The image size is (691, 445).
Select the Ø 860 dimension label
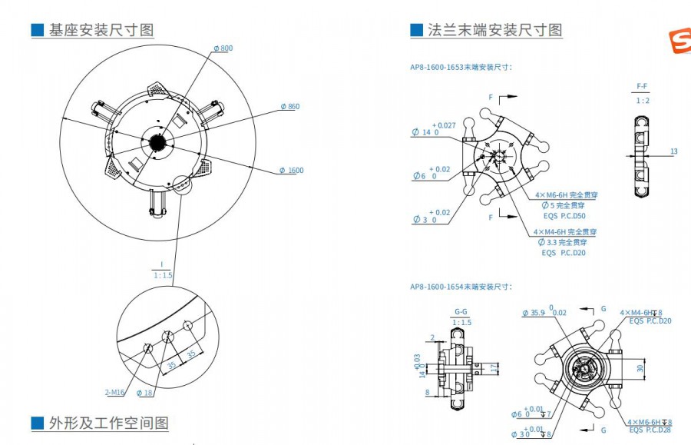pyautogui.click(x=289, y=106)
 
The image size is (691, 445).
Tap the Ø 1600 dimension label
pyautogui.click(x=291, y=170)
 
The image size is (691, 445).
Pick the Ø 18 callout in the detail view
pyautogui.click(x=144, y=393)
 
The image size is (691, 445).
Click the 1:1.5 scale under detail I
pyautogui.click(x=162, y=274)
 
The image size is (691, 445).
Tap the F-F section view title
pyautogui.click(x=642, y=86)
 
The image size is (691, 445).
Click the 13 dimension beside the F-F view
pyautogui.click(x=673, y=151)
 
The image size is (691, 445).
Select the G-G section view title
pyautogui.click(x=461, y=311)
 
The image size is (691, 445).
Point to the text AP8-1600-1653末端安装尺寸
pyautogui.click(x=461, y=67)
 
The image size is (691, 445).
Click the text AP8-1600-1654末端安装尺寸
pyautogui.click(x=461, y=286)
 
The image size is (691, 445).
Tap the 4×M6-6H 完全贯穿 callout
pyautogui.click(x=566, y=195)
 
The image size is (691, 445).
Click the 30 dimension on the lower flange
pyautogui.click(x=640, y=368)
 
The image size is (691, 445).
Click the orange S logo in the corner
pyautogui.click(x=679, y=43)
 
